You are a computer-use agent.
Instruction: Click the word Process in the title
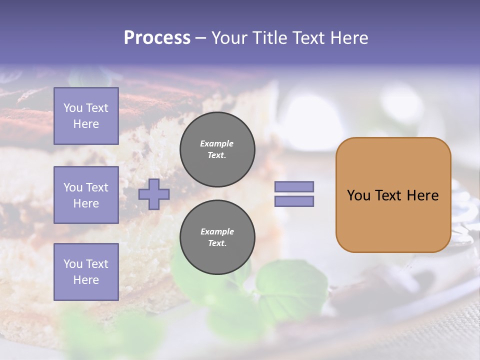(157, 38)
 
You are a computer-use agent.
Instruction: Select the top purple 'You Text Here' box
(86, 116)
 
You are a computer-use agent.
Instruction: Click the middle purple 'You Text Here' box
(86, 195)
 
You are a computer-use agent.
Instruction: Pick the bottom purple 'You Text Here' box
(86, 272)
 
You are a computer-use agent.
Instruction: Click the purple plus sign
(153, 194)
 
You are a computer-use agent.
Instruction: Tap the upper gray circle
(217, 149)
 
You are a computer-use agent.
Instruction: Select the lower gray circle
(217, 237)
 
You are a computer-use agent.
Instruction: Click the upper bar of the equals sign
(294, 187)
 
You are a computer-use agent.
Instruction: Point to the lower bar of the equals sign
(294, 201)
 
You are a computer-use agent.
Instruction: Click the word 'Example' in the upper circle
(217, 143)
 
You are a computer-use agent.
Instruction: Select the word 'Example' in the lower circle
(217, 231)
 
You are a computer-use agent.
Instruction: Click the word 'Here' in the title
(350, 38)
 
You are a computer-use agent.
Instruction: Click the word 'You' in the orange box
(358, 195)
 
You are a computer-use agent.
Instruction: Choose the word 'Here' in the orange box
(423, 195)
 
